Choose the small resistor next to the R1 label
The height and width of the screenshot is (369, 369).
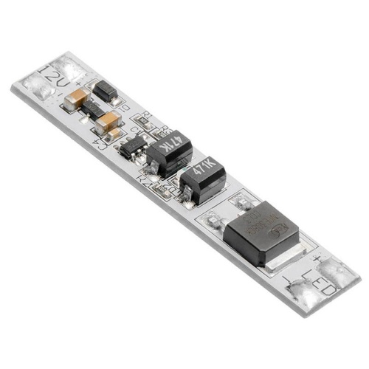click(x=142, y=125)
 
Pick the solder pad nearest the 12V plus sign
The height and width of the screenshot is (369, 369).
click(x=71, y=70)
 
